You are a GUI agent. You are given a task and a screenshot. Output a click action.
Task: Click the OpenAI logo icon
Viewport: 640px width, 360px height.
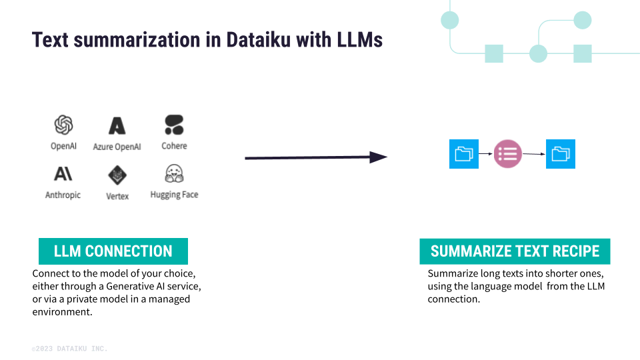pyautogui.click(x=63, y=125)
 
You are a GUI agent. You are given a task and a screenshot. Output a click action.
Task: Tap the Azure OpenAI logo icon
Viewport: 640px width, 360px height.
pyautogui.click(x=117, y=125)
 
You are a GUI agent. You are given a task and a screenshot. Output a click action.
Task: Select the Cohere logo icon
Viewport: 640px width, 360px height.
pyautogui.click(x=174, y=125)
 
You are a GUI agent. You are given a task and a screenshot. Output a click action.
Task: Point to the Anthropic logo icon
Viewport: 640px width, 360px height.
pyautogui.click(x=63, y=174)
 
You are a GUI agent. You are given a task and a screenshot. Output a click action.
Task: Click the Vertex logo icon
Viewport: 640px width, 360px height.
pyautogui.click(x=117, y=175)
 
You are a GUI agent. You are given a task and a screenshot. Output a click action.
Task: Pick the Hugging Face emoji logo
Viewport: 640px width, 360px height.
pyautogui.click(x=174, y=174)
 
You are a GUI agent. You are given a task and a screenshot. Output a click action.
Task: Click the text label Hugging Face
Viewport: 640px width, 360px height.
pyautogui.click(x=174, y=195)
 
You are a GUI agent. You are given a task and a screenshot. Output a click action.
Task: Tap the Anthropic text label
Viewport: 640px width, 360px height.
pyautogui.click(x=63, y=195)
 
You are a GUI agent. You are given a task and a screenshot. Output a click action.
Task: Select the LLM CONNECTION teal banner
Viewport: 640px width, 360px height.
pyautogui.click(x=113, y=251)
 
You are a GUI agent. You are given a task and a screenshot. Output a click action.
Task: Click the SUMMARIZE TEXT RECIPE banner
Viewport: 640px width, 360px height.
pyautogui.click(x=515, y=251)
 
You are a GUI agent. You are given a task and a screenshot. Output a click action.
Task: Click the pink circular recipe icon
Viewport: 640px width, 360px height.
pyautogui.click(x=507, y=154)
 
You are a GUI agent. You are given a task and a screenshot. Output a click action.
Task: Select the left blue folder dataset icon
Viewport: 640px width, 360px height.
pyautogui.click(x=463, y=154)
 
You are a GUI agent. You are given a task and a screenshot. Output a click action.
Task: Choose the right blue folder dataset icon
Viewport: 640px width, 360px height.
pyautogui.click(x=561, y=154)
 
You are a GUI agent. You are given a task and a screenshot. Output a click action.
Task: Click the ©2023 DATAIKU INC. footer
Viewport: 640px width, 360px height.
pyautogui.click(x=69, y=349)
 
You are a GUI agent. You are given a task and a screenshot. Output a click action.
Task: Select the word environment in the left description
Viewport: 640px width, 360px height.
pyautogui.click(x=62, y=311)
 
